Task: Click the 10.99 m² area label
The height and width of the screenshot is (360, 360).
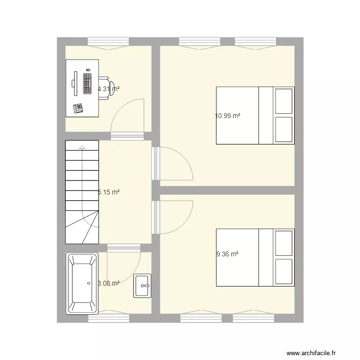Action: pyautogui.click(x=228, y=116)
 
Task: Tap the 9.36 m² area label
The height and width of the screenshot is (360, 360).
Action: pyautogui.click(x=228, y=255)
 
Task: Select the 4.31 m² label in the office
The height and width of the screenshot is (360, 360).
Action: pyautogui.click(x=108, y=89)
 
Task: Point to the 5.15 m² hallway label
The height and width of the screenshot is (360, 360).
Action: pyautogui.click(x=108, y=192)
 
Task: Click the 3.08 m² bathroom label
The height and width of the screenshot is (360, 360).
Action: pyautogui.click(x=108, y=283)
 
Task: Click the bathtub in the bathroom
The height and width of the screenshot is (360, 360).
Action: pyautogui.click(x=83, y=283)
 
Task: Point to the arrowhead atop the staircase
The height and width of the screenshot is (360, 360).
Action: pyautogui.click(x=82, y=147)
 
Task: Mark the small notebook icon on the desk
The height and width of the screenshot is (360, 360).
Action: pyautogui.click(x=78, y=108)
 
